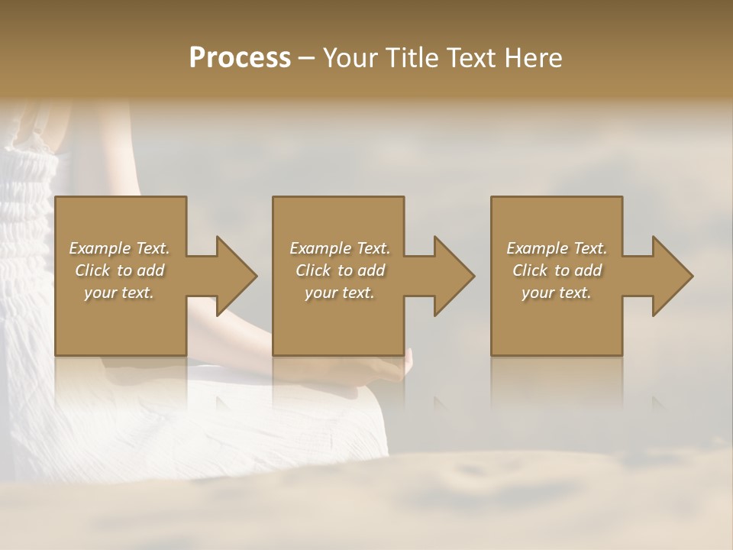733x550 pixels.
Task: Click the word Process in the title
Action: [x=240, y=58]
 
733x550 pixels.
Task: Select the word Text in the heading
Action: [x=471, y=58]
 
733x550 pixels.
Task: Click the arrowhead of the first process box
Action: [x=233, y=276]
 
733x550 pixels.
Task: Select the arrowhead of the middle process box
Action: [x=451, y=276]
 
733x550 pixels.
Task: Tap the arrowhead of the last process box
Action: [x=670, y=276]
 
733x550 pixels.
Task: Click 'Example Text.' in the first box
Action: [x=119, y=248]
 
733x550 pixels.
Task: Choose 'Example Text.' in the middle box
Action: [x=340, y=248]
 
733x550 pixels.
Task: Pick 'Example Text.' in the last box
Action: [x=557, y=248]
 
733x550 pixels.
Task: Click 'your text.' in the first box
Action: [x=119, y=293]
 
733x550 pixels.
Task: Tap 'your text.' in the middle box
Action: [x=340, y=293]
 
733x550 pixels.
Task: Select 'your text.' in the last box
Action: [x=557, y=293]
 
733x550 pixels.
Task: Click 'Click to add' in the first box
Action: [x=119, y=270]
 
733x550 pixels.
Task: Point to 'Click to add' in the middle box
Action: [x=340, y=270]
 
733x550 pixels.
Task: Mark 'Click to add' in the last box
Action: [x=557, y=270]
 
